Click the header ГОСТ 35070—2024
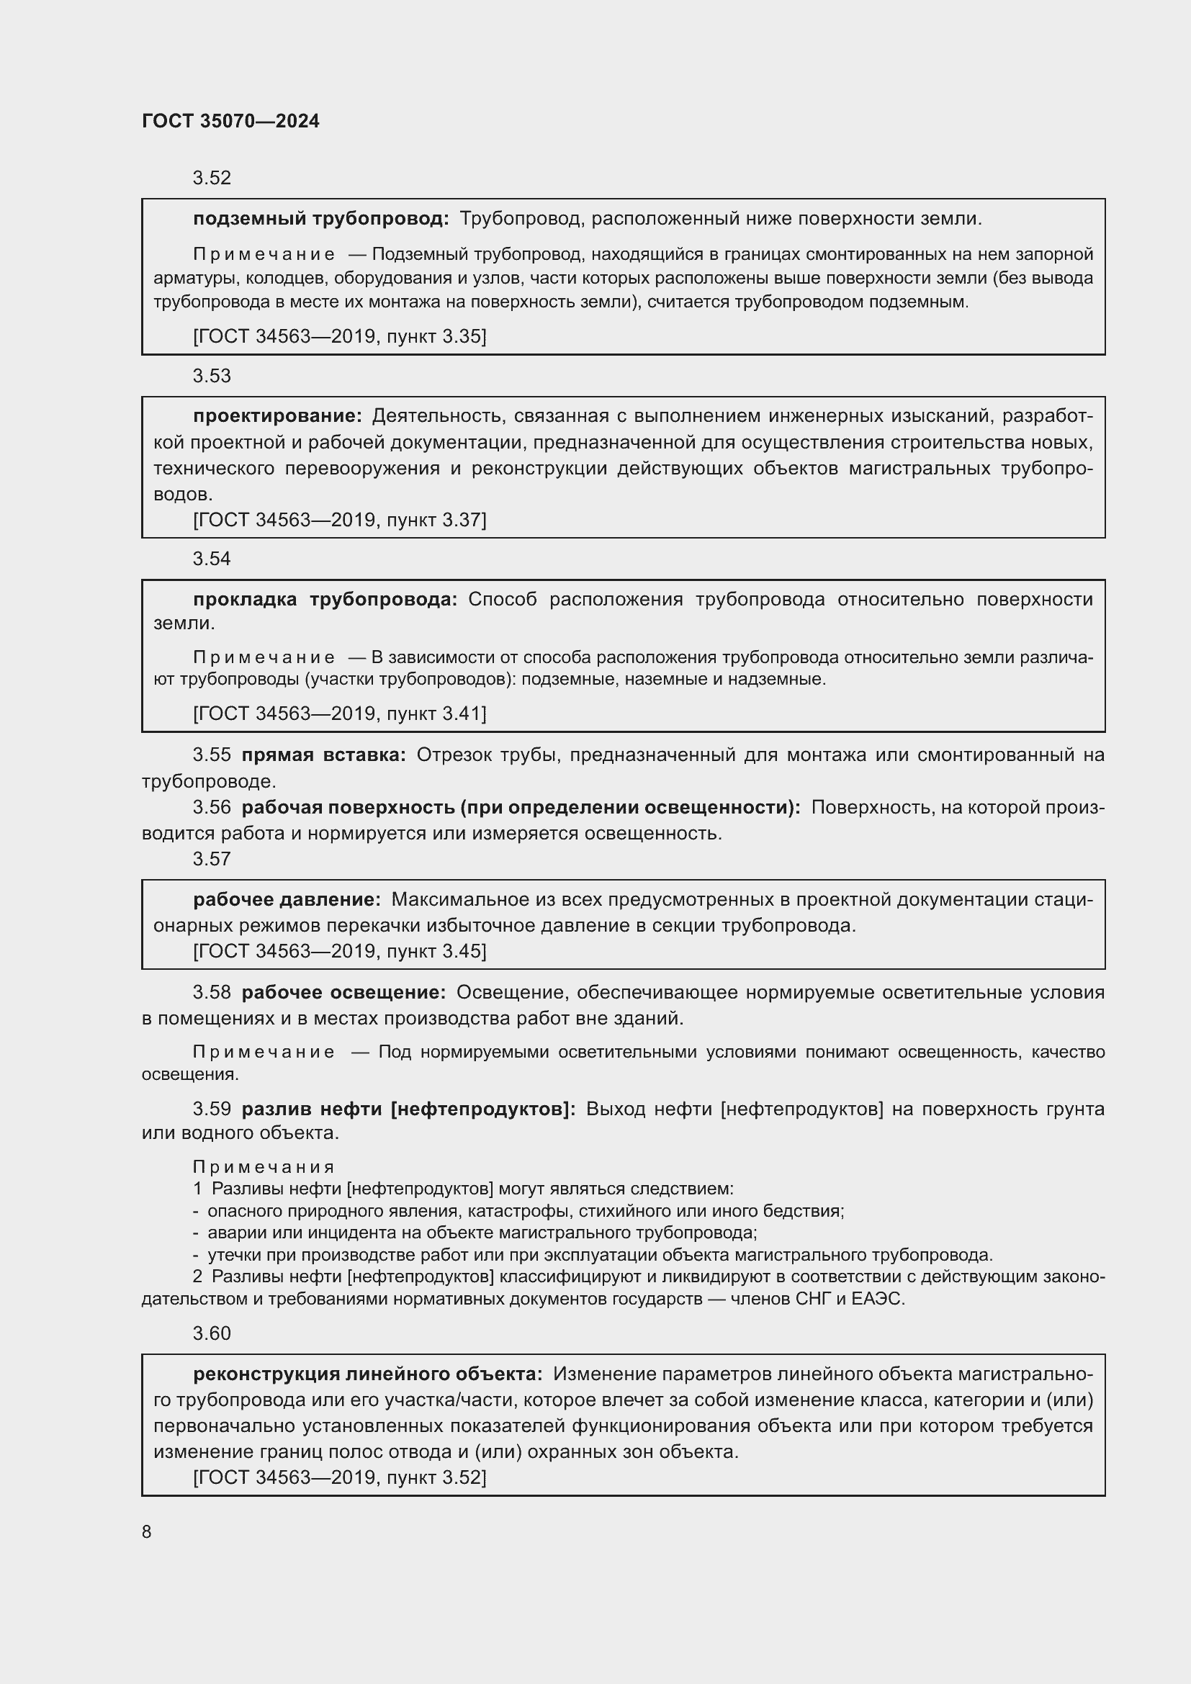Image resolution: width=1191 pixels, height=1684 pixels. [230, 121]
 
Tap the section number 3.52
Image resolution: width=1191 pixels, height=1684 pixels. [211, 178]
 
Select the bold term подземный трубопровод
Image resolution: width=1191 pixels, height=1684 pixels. [320, 219]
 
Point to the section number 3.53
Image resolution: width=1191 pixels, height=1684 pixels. [211, 376]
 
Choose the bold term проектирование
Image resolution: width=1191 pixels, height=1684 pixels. [277, 416]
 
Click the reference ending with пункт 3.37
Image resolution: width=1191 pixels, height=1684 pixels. [340, 519]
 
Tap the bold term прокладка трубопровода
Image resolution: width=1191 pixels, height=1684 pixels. [325, 599]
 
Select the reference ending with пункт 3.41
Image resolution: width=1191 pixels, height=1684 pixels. [340, 713]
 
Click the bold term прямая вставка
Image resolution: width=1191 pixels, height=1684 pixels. [323, 755]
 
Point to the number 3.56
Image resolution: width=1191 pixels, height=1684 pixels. [211, 807]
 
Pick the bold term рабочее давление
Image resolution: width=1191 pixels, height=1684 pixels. [287, 899]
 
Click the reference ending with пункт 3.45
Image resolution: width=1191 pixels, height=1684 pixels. [340, 950]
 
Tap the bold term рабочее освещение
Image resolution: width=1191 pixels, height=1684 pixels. [343, 992]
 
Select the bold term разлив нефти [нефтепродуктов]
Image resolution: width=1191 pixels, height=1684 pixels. [408, 1108]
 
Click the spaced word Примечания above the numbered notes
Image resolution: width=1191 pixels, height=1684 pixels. [264, 1166]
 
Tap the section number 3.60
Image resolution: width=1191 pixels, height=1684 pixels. [211, 1333]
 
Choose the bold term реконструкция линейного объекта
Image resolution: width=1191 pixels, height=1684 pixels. [367, 1374]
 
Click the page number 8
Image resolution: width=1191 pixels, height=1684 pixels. [147, 1531]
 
